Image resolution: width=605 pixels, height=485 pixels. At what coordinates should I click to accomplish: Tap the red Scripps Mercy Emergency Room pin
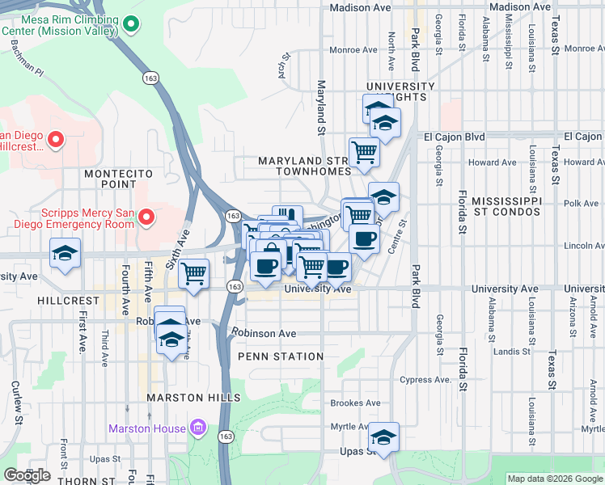pyautogui.click(x=146, y=217)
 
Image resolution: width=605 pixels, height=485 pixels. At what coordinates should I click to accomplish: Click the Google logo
pyautogui.click(x=27, y=475)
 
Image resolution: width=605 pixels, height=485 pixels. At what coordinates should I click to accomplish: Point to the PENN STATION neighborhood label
pyautogui.click(x=281, y=356)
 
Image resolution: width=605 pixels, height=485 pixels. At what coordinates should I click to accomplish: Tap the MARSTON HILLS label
pyautogui.click(x=193, y=398)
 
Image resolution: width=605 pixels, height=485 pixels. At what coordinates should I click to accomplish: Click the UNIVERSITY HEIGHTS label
pyautogui.click(x=400, y=91)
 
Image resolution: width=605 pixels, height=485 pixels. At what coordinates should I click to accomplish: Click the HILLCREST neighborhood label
pyautogui.click(x=67, y=300)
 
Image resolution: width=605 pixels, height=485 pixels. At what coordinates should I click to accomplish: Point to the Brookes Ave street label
pyautogui.click(x=355, y=403)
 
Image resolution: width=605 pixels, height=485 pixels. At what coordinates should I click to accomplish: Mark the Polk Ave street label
pyautogui.click(x=582, y=204)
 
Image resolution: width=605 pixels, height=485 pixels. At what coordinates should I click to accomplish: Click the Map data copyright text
pyautogui.click(x=554, y=479)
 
